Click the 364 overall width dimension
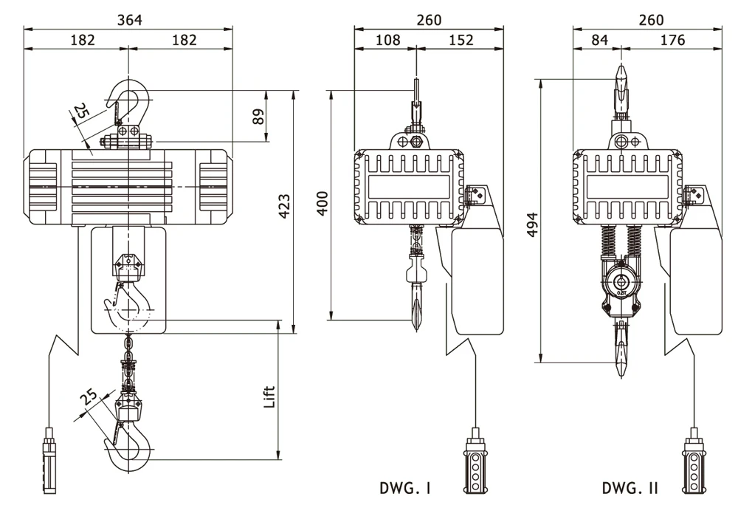(129, 19)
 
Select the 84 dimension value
(599, 40)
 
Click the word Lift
(270, 397)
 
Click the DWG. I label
(405, 488)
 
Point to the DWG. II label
(631, 488)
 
